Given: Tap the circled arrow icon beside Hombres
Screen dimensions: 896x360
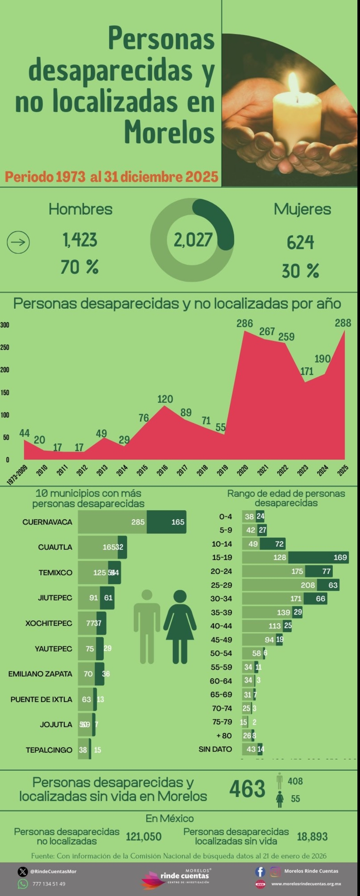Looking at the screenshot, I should click(x=18, y=242).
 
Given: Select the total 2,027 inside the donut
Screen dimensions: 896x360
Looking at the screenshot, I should click(x=193, y=240).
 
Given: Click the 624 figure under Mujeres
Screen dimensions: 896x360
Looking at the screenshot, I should click(x=300, y=242).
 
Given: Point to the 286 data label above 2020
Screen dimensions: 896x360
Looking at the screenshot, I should click(x=245, y=323).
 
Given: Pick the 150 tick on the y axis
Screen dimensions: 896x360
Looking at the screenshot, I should click(x=5, y=392).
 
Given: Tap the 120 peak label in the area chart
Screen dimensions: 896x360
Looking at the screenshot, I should click(x=165, y=399).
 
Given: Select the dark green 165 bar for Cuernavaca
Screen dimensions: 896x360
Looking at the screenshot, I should click(x=167, y=522).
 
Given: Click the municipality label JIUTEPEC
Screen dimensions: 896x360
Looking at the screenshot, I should click(x=55, y=598).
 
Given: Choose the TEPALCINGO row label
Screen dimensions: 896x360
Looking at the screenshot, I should click(x=49, y=750).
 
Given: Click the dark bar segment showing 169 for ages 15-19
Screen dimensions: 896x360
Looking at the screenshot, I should click(x=319, y=557).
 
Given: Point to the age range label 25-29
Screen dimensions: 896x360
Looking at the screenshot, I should click(x=221, y=585).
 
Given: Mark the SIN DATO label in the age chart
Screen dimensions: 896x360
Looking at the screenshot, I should click(x=215, y=749).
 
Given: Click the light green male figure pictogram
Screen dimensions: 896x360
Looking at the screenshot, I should click(x=147, y=627).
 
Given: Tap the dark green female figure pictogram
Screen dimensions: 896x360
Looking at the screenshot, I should click(x=180, y=627).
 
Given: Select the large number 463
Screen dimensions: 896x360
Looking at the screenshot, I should click(x=247, y=789).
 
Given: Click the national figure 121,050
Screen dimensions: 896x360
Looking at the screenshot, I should click(x=144, y=837).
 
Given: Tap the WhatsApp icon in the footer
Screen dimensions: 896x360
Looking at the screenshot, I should click(x=23, y=884).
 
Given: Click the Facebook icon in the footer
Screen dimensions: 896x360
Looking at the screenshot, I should click(x=260, y=871).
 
